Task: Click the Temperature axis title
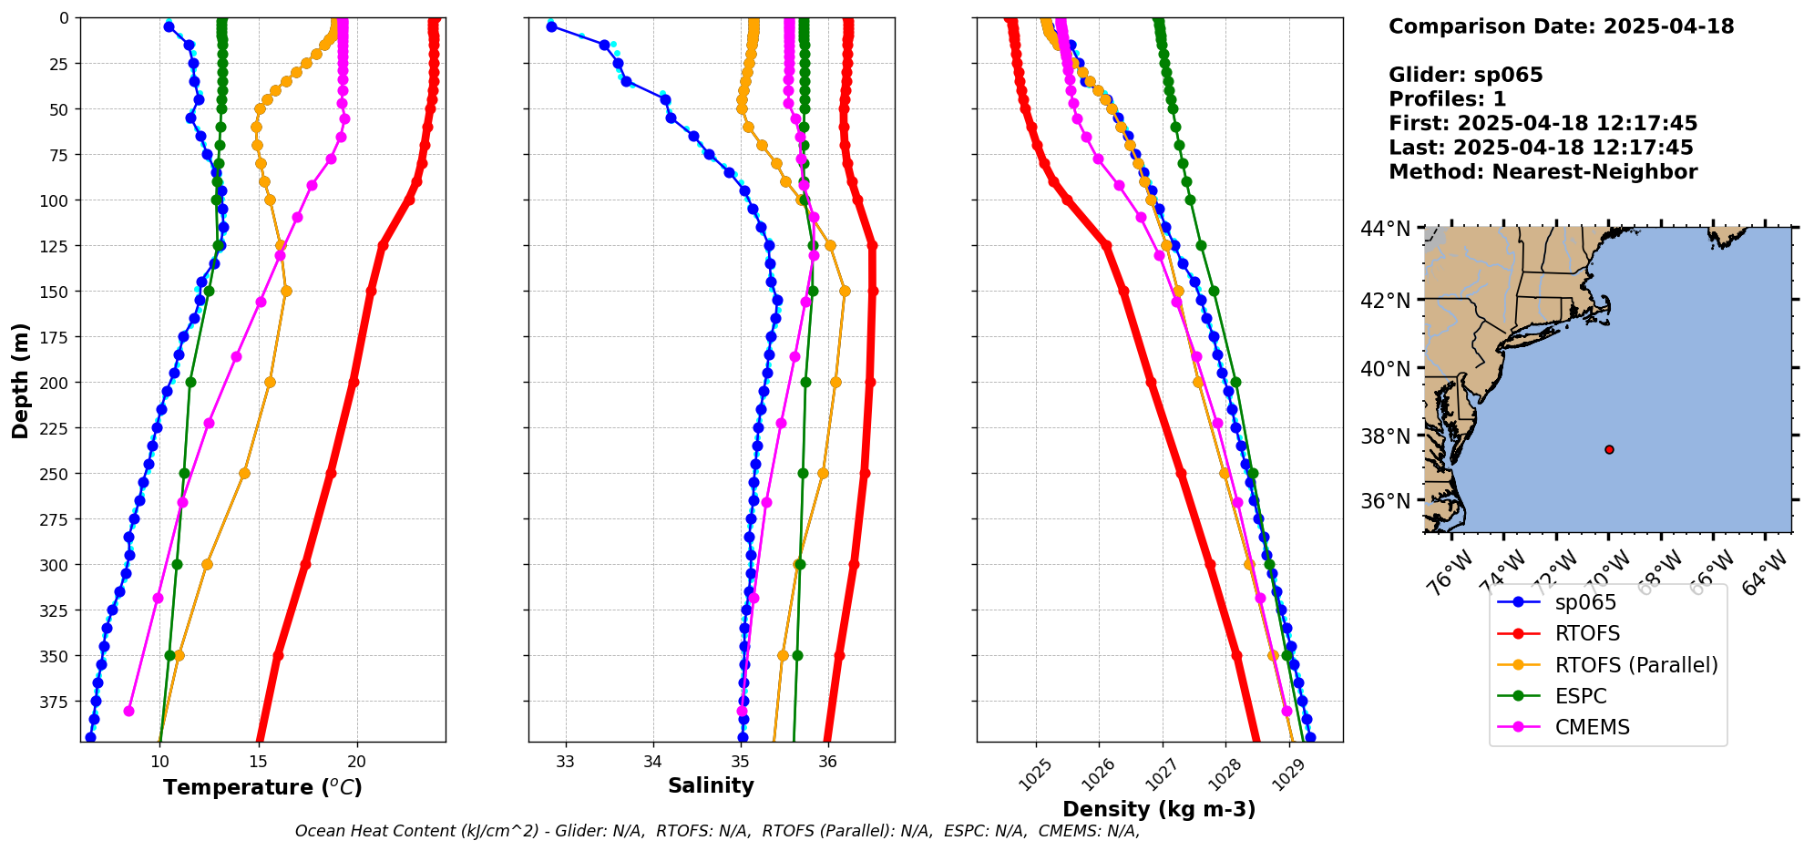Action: pos(262,788)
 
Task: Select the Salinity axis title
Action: pos(711,786)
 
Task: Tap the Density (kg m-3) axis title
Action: pos(1159,809)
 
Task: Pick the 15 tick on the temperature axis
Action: pos(258,762)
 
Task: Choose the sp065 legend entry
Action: pos(1585,602)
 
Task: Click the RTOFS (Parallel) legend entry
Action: pos(1636,665)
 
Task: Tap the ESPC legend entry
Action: pos(1581,696)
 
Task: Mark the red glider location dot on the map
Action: pos(1609,449)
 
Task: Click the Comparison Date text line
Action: pos(1561,26)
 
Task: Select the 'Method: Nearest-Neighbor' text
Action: pos(1543,172)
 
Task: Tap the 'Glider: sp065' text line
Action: pos(1465,75)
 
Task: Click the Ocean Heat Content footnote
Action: pos(717,831)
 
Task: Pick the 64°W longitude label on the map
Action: pos(1764,576)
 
